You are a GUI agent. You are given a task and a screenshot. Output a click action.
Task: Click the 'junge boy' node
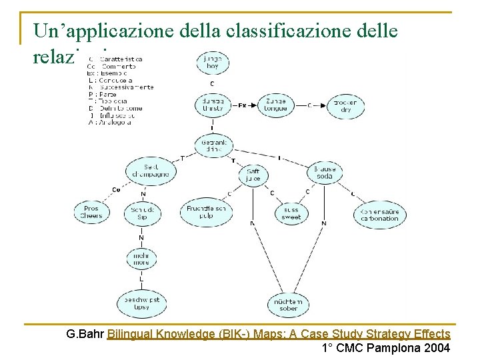pyautogui.click(x=213, y=63)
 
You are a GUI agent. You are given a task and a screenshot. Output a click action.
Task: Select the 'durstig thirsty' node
pyautogui.click(x=213, y=105)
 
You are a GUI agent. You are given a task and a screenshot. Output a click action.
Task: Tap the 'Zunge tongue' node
pyautogui.click(x=275, y=105)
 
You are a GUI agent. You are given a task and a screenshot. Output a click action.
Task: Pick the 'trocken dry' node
pyautogui.click(x=344, y=105)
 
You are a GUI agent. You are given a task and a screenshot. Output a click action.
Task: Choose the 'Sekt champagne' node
pyautogui.click(x=151, y=171)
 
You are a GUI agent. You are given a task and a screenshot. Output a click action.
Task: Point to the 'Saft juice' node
pyautogui.click(x=253, y=175)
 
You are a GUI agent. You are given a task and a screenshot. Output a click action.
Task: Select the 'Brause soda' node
pyautogui.click(x=325, y=173)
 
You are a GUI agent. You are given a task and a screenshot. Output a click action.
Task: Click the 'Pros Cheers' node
pyautogui.click(x=91, y=212)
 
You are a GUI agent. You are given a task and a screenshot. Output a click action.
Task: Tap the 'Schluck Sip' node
pyautogui.click(x=142, y=213)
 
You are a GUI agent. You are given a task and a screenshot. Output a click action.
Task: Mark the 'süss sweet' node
pyautogui.click(x=291, y=213)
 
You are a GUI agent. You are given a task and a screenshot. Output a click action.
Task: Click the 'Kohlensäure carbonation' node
pyautogui.click(x=379, y=214)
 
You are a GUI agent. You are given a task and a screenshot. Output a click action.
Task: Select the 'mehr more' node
pyautogui.click(x=142, y=259)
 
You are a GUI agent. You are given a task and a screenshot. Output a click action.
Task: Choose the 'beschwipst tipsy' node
pyautogui.click(x=141, y=303)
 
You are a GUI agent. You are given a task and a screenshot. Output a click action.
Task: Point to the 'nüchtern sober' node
pyautogui.click(x=289, y=305)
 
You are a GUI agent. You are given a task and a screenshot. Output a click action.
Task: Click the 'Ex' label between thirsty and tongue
pyautogui.click(x=243, y=105)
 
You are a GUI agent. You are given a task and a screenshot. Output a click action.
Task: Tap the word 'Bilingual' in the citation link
pyautogui.click(x=131, y=334)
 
